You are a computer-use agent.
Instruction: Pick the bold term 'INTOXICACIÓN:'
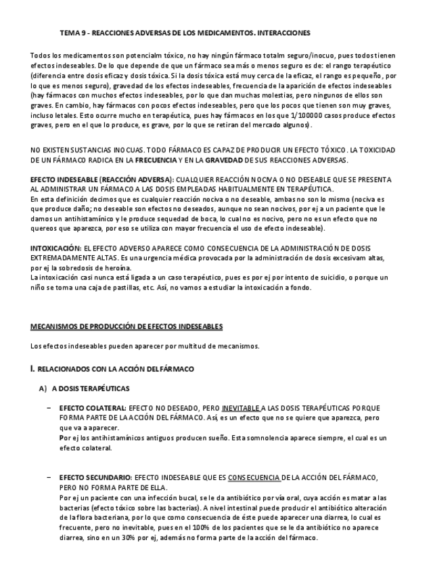[x=55, y=249]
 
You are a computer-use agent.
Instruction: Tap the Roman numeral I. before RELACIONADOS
[x=32, y=369]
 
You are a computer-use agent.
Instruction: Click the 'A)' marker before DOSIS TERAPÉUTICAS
[x=43, y=389]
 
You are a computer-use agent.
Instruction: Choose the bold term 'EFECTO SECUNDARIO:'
[x=95, y=478]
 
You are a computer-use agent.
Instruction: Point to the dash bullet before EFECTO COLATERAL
[x=49, y=408]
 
